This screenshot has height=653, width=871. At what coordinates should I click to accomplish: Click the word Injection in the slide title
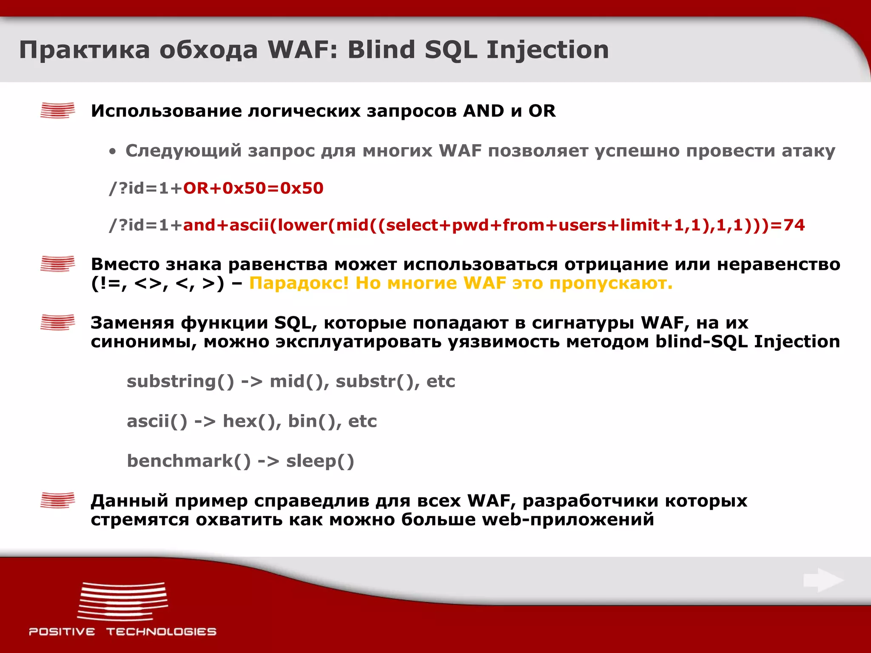coord(547,50)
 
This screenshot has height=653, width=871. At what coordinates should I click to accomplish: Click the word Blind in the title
coord(381,50)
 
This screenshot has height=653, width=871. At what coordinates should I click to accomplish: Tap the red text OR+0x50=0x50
coord(253,188)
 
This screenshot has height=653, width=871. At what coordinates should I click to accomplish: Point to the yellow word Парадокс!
coord(299,283)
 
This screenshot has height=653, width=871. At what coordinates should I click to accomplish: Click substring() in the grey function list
coord(180,381)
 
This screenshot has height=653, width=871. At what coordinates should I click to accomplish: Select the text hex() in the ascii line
coord(251,421)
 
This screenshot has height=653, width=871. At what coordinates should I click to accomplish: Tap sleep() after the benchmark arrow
coord(320,461)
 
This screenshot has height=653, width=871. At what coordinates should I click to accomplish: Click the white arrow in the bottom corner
coord(823,580)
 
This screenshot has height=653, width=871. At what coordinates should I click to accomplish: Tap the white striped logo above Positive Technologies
coord(122,602)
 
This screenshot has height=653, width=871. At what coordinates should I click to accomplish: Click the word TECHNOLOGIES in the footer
coord(161,632)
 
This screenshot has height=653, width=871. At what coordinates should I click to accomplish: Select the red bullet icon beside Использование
coord(57,111)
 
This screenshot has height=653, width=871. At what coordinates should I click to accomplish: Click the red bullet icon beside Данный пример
coord(57,500)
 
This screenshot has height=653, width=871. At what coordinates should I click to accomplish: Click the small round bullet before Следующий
coord(112,152)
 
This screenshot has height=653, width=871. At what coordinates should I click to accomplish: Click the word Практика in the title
coord(85,50)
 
